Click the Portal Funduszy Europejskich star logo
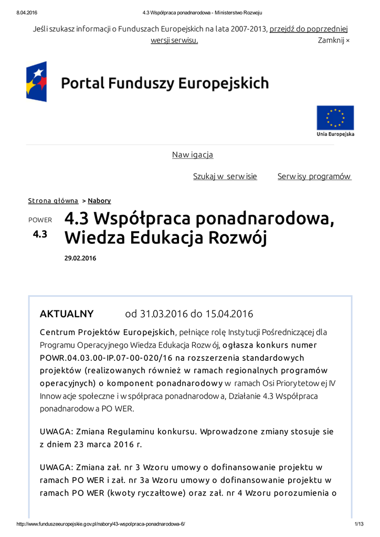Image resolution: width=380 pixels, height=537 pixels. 37,82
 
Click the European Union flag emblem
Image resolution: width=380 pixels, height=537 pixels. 335,117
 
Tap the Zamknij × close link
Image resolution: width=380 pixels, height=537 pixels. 334,40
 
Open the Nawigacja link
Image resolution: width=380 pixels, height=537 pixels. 193,155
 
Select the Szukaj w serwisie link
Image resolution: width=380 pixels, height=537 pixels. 225,177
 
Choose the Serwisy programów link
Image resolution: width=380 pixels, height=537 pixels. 314,177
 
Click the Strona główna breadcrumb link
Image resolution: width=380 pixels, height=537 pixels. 53,201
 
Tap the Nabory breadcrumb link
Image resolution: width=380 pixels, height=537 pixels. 99,201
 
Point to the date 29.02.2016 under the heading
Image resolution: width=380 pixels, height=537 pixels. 80,259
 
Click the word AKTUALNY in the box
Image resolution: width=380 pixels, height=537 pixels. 67,314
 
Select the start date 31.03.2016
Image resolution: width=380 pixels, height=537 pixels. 164,314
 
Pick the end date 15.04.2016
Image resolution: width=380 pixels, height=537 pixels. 229,314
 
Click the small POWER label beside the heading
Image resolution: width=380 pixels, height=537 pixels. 40,220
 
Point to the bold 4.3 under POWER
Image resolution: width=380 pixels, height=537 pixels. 40,234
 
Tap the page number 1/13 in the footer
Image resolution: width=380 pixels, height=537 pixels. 360,524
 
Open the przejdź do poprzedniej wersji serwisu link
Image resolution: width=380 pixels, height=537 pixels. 309,29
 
